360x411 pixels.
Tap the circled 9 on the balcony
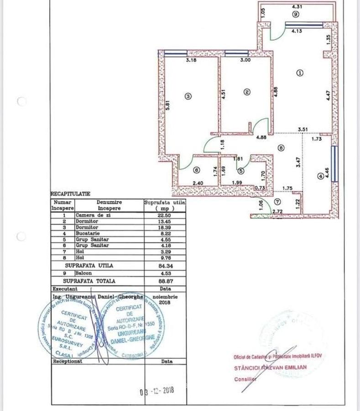pyautogui.click(x=296, y=15)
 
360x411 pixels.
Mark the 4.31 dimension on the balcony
pyautogui.click(x=297, y=7)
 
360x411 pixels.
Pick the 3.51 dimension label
pyautogui.click(x=303, y=130)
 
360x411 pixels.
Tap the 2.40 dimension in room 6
pyautogui.click(x=198, y=183)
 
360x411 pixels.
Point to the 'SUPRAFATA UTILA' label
pyautogui.click(x=89, y=265)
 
